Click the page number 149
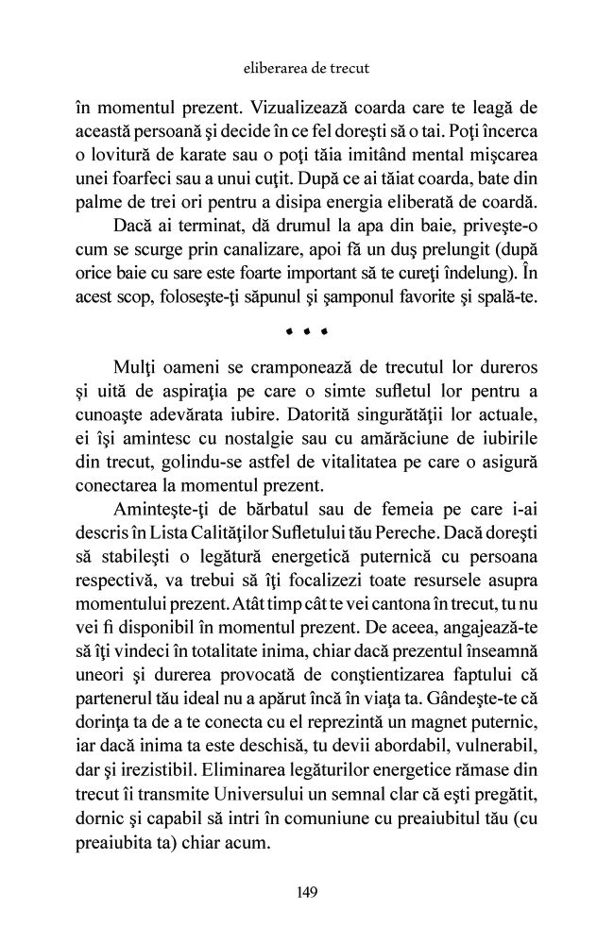click(x=306, y=891)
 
